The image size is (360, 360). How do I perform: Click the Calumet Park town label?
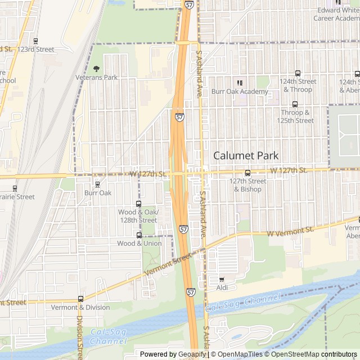[246, 155]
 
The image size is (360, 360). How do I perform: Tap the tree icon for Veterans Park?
[96, 69]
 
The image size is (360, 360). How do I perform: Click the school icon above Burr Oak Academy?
[240, 83]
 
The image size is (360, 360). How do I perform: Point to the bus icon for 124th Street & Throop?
[298, 73]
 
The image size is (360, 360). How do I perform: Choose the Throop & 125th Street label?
[298, 116]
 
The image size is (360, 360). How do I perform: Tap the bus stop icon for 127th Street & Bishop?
[247, 173]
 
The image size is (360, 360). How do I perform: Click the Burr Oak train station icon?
[97, 184]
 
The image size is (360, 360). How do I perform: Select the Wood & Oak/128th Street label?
[138, 216]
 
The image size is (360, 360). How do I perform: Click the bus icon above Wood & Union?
[139, 235]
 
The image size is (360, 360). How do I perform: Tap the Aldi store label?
[222, 288]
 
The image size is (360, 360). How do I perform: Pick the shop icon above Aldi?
[222, 279]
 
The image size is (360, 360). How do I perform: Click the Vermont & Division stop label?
[80, 308]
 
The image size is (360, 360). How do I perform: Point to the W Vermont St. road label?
[290, 232]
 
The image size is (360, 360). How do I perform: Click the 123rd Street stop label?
[35, 49]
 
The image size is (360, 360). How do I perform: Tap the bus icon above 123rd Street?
[36, 41]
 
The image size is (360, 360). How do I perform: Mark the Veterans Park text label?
[97, 78]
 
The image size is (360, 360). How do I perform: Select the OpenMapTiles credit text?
[240, 354]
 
